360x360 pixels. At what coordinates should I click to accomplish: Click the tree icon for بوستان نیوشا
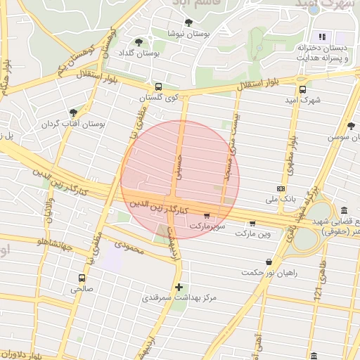pos(188,22)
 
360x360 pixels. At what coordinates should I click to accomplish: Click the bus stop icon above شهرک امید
pos(303,89)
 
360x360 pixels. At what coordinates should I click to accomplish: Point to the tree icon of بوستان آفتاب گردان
pos(72,112)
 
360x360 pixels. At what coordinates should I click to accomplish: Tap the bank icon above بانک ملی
pos(281,188)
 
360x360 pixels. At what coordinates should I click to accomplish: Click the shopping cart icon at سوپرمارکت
pos(206,216)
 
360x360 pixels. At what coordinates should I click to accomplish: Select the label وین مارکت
pos(253,233)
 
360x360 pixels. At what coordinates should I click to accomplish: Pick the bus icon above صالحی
pos(82,277)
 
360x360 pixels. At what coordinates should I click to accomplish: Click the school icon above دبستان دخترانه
pos(322,36)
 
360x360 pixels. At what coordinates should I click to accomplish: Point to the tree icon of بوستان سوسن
pos(351,126)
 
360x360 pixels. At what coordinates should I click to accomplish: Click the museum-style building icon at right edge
pos(343,210)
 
